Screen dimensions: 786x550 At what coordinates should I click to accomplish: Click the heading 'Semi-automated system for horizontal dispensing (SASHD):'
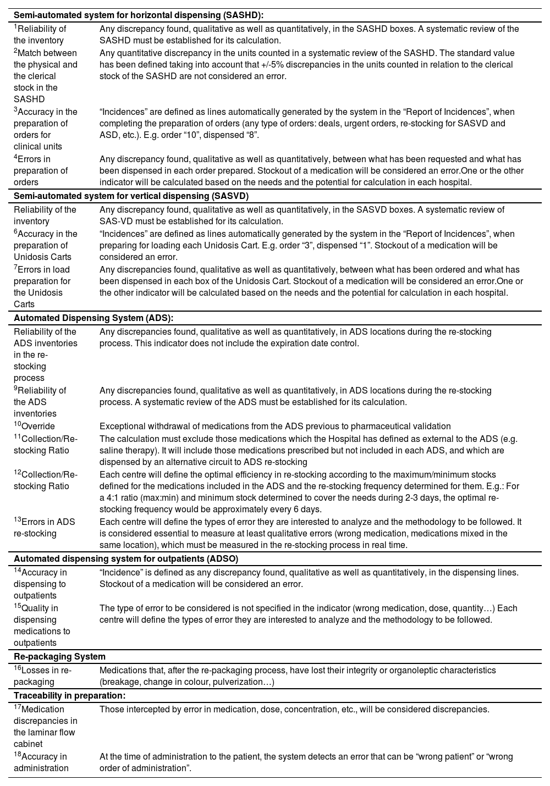click(138, 15)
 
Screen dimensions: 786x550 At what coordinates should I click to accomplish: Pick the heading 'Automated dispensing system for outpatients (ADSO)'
click(126, 558)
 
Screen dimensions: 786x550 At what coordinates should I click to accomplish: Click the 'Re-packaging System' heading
click(59, 656)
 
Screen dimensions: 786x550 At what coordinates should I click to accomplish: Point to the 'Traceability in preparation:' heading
click(69, 695)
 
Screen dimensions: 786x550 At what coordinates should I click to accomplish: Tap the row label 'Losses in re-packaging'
click(42, 676)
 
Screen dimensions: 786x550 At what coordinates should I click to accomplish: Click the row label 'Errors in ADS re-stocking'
click(44, 528)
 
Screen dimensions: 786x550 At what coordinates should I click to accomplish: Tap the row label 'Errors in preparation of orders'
click(41, 170)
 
